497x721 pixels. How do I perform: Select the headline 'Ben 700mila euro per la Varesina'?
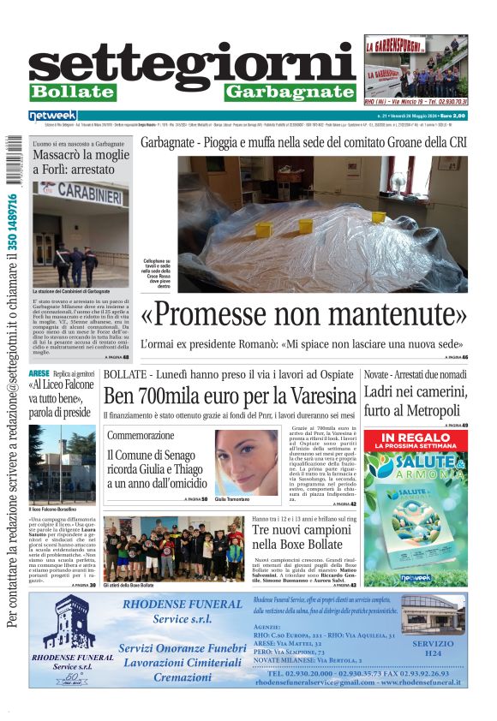pyautogui.click(x=229, y=396)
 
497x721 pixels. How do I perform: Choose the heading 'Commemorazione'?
pyautogui.click(x=141, y=436)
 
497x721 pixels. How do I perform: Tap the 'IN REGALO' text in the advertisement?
pyautogui.click(x=416, y=438)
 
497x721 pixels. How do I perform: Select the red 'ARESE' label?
pyautogui.click(x=39, y=374)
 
